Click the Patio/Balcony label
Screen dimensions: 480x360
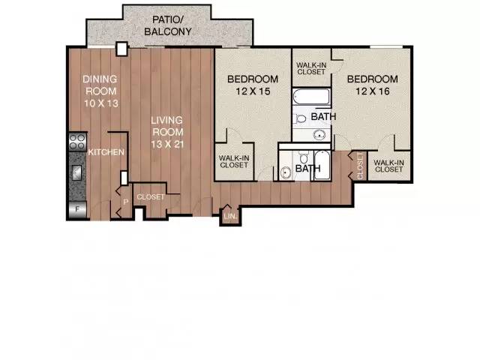168,25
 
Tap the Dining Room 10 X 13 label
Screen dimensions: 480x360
100,91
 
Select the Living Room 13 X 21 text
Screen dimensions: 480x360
167,132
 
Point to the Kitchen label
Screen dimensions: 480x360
106,152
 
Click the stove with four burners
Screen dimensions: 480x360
77,142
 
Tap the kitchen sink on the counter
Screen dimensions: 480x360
76,173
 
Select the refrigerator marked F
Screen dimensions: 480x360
77,210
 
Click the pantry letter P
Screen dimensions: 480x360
125,202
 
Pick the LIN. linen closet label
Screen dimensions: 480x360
230,217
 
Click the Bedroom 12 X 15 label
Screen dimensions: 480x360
253,85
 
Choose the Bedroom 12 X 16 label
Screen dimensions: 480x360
373,85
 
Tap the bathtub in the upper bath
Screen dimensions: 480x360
311,97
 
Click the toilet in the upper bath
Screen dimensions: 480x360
301,118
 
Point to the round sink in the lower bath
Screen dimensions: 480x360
286,172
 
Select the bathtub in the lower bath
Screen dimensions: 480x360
322,165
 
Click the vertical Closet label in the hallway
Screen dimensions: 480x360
360,166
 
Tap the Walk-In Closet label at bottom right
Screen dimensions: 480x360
388,166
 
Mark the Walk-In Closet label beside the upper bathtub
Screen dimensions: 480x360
311,68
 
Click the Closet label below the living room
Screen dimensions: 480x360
151,196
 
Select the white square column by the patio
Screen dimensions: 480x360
121,49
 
